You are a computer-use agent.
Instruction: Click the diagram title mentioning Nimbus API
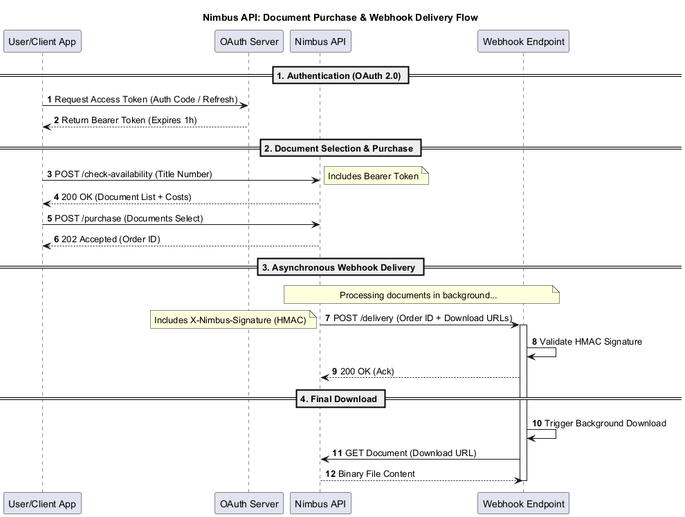340,17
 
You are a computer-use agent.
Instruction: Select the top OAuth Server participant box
249,42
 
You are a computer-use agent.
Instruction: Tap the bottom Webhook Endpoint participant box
523,503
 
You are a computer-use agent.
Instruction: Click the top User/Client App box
42,42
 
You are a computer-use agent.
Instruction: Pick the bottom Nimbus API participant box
320,503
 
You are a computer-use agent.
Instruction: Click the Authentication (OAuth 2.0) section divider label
340,75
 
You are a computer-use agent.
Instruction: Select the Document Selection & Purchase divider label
340,148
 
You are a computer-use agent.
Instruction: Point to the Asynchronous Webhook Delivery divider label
340,267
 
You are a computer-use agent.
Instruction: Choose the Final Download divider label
340,399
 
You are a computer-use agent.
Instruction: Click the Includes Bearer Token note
376,176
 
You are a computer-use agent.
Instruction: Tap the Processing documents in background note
421,295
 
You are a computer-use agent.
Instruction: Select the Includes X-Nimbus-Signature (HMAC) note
233,320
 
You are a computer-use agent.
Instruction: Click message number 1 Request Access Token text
143,100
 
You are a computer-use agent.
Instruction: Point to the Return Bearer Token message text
125,120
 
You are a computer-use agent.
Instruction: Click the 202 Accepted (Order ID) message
107,239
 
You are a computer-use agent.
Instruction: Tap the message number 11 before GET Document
337,453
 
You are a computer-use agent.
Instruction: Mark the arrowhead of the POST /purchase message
316,225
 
